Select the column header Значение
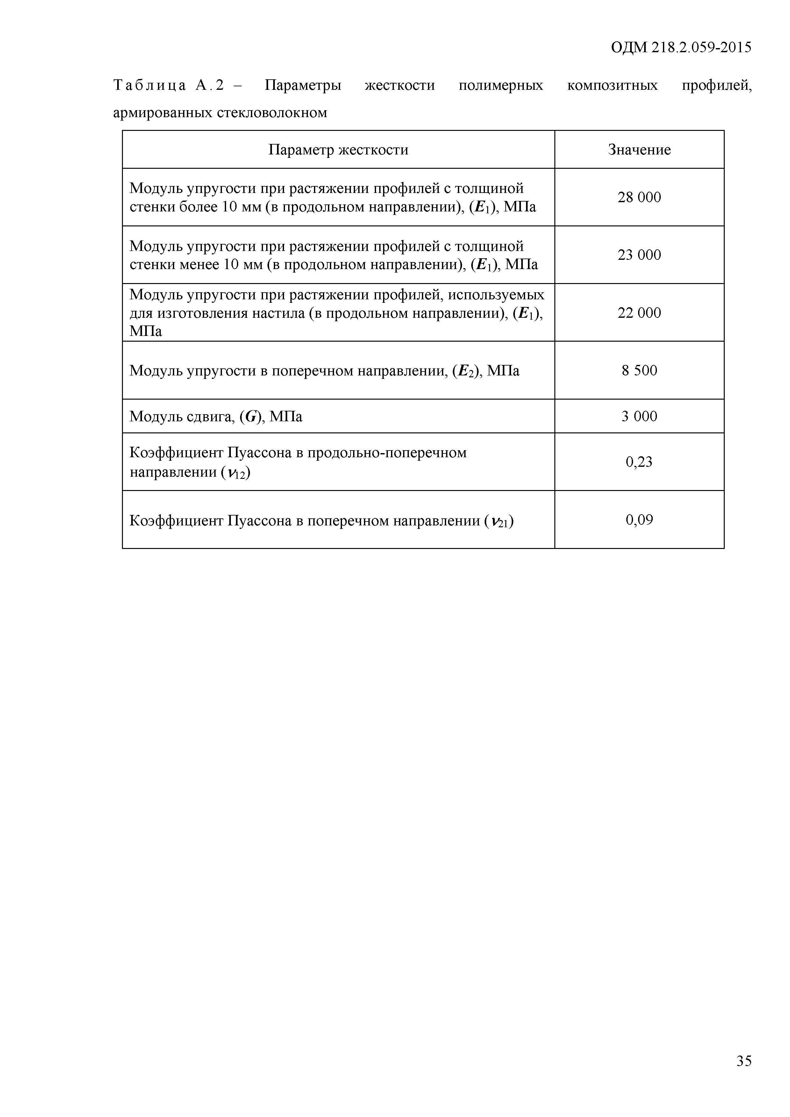tap(639, 150)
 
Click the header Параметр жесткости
tap(338, 150)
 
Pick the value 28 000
tap(639, 197)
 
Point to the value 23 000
tap(639, 255)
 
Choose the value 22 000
tap(639, 313)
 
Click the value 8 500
tap(639, 371)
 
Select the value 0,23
tap(639, 462)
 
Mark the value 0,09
tap(639, 520)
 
